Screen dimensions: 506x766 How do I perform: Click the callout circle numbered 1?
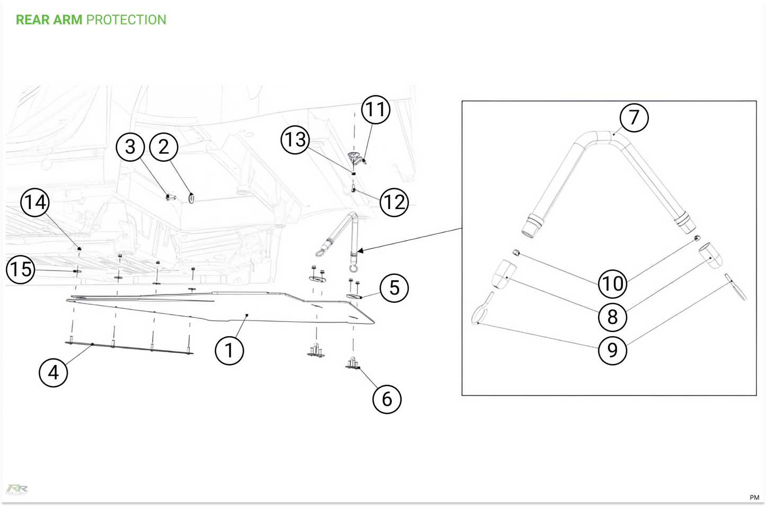229,351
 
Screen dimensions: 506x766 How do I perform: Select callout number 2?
164,147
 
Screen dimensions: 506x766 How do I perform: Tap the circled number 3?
130,147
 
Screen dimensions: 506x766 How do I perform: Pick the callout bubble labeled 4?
53,372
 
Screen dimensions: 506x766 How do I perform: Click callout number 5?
394,288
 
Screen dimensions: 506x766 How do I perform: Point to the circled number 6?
386,399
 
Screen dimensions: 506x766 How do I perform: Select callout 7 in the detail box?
634,117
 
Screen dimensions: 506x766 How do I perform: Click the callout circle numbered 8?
612,317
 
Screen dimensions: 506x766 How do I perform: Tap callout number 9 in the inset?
612,351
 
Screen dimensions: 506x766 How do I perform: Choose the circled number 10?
612,284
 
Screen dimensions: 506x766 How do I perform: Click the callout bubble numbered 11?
375,110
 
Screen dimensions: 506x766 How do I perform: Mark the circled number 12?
394,202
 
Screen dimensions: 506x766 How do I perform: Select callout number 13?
295,139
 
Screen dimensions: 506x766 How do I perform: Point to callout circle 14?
35,202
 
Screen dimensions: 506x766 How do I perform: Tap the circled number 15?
21,269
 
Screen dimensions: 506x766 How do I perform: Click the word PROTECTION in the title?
126,20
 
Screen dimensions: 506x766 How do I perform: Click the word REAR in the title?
32,20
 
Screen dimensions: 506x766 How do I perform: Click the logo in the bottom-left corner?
17,489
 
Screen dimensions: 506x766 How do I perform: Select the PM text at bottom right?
754,497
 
